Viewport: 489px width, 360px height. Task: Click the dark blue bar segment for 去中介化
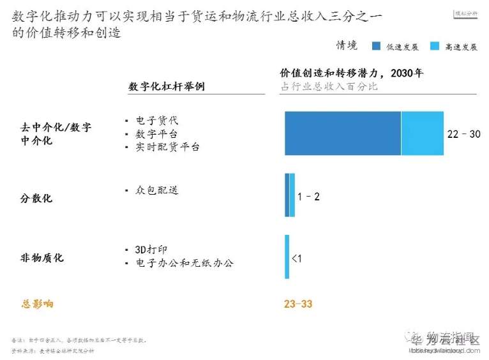coord(342,133)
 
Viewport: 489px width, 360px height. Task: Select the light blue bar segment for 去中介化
coord(421,133)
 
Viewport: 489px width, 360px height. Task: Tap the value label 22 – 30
coord(463,134)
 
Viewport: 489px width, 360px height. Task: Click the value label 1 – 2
coord(308,196)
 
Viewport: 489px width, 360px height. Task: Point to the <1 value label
coord(297,258)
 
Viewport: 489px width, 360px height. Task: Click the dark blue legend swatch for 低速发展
coord(377,46)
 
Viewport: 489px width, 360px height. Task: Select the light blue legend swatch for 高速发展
coord(435,46)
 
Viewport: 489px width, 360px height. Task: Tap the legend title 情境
coord(347,45)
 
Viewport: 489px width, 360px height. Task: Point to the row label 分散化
coord(36,198)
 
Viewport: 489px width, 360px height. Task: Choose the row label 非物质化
coord(42,258)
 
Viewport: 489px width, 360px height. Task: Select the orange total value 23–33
coord(298,304)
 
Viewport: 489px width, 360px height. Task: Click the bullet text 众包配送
coord(157,190)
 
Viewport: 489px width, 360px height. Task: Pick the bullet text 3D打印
coord(151,250)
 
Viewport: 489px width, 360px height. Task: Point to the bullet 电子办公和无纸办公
coord(184,263)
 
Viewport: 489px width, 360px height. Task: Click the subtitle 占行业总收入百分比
coord(329,86)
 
